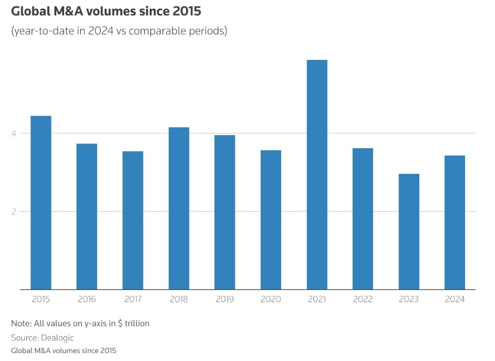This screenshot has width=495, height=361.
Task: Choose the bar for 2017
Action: click(x=133, y=220)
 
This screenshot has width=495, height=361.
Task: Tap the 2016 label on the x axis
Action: click(x=87, y=300)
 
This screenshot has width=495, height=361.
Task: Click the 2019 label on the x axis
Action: click(x=225, y=300)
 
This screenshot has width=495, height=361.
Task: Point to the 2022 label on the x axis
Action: click(x=363, y=300)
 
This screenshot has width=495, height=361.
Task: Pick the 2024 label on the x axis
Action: click(x=455, y=300)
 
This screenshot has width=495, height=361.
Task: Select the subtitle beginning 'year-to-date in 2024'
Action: click(x=119, y=31)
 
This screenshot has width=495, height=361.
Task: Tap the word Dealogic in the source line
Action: click(x=57, y=337)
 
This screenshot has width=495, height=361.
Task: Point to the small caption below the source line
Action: click(x=64, y=350)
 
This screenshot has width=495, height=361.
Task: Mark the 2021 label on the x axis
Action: click(x=317, y=300)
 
